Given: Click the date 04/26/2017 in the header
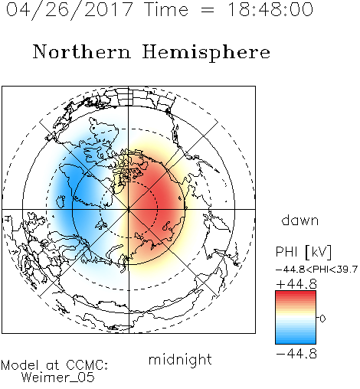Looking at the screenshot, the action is pos(69,10).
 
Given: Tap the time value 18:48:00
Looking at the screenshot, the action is pos(270,9).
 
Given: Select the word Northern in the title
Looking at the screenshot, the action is pos(82,52).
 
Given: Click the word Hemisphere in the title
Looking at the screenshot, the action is pos(206,53).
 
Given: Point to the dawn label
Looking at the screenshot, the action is pos(300,221).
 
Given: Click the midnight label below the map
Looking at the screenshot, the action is pos(180,360).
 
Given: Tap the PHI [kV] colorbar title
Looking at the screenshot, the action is pos(303,252).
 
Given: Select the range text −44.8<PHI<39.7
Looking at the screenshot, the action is pos(316,270).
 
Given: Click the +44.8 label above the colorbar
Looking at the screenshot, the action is pos(296,284).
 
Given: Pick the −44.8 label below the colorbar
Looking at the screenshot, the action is pos(296,354).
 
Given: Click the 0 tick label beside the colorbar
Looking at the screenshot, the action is pos(322,319).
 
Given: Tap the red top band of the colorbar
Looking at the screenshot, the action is pos(296,295).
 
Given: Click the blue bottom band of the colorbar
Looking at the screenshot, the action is pos(296,339).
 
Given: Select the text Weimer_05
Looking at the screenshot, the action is pos(58,378).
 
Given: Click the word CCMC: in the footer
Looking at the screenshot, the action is pos(87,365).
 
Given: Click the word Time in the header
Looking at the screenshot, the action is pos(166,9).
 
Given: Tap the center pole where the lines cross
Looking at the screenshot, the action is pos(129,209).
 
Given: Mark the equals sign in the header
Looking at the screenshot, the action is pos(208,11).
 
